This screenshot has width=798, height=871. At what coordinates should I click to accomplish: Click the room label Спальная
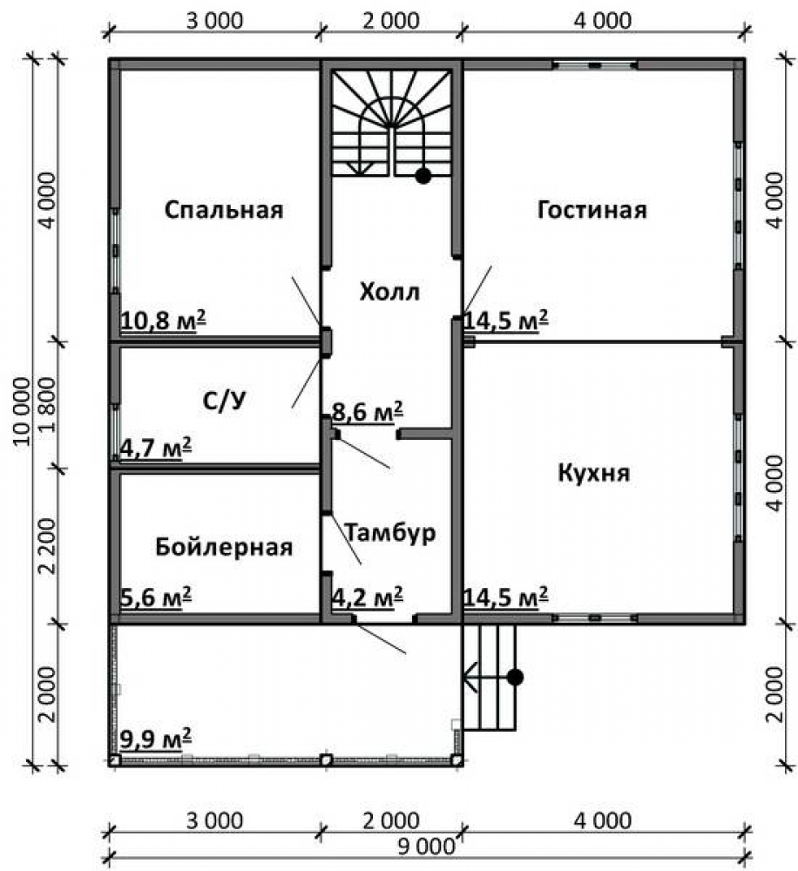click(x=224, y=210)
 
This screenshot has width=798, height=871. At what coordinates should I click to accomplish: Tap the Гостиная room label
click(x=592, y=210)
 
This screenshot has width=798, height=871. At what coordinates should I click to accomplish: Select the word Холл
click(x=389, y=292)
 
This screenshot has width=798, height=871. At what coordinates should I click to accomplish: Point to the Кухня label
click(x=593, y=473)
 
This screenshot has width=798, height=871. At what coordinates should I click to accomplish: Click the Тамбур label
click(x=390, y=532)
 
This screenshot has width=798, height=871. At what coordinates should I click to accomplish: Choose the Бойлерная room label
click(x=224, y=547)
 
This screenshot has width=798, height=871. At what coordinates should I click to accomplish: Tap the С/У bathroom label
click(x=224, y=401)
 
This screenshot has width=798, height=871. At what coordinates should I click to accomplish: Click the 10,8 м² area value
click(x=163, y=321)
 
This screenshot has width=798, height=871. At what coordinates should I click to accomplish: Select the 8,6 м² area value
click(x=368, y=412)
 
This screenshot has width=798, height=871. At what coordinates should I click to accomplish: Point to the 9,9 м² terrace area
click(x=156, y=739)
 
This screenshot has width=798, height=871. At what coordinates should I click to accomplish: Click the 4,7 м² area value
click(x=156, y=448)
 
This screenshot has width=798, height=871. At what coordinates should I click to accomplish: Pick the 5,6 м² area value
click(x=156, y=598)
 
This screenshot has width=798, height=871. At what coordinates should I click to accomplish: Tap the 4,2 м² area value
click(x=368, y=598)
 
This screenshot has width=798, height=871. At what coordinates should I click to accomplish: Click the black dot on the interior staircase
click(x=423, y=176)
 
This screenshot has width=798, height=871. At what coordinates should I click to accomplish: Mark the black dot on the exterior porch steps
click(x=515, y=677)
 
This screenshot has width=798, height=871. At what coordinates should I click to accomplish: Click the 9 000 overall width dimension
click(x=426, y=847)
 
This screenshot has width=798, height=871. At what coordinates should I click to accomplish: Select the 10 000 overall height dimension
click(x=22, y=411)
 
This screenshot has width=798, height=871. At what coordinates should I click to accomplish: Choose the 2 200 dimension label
click(x=48, y=547)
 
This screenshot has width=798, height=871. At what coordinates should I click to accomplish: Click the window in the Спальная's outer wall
click(x=115, y=251)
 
